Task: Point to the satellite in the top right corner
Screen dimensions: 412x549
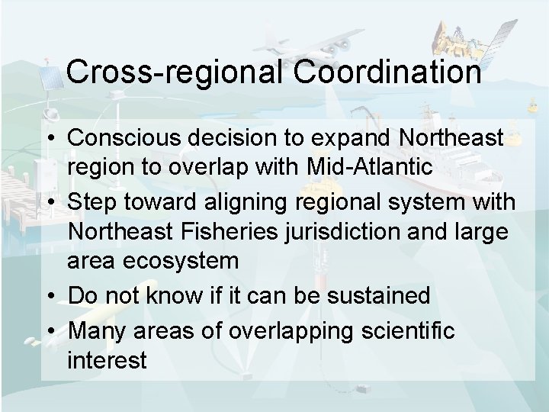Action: point(473,31)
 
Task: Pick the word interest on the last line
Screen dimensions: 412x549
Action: point(106,360)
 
